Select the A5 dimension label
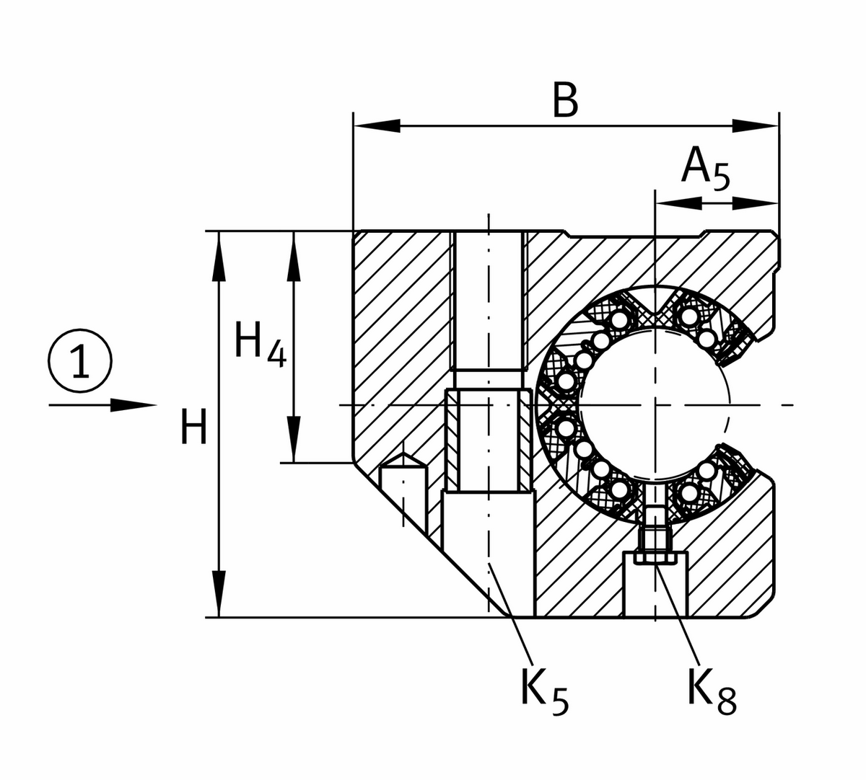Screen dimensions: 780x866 pos(705,169)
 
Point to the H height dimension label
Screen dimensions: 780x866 pos(193,427)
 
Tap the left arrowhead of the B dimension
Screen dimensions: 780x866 pos(375,125)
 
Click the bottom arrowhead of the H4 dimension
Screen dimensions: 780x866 pos(293,439)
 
